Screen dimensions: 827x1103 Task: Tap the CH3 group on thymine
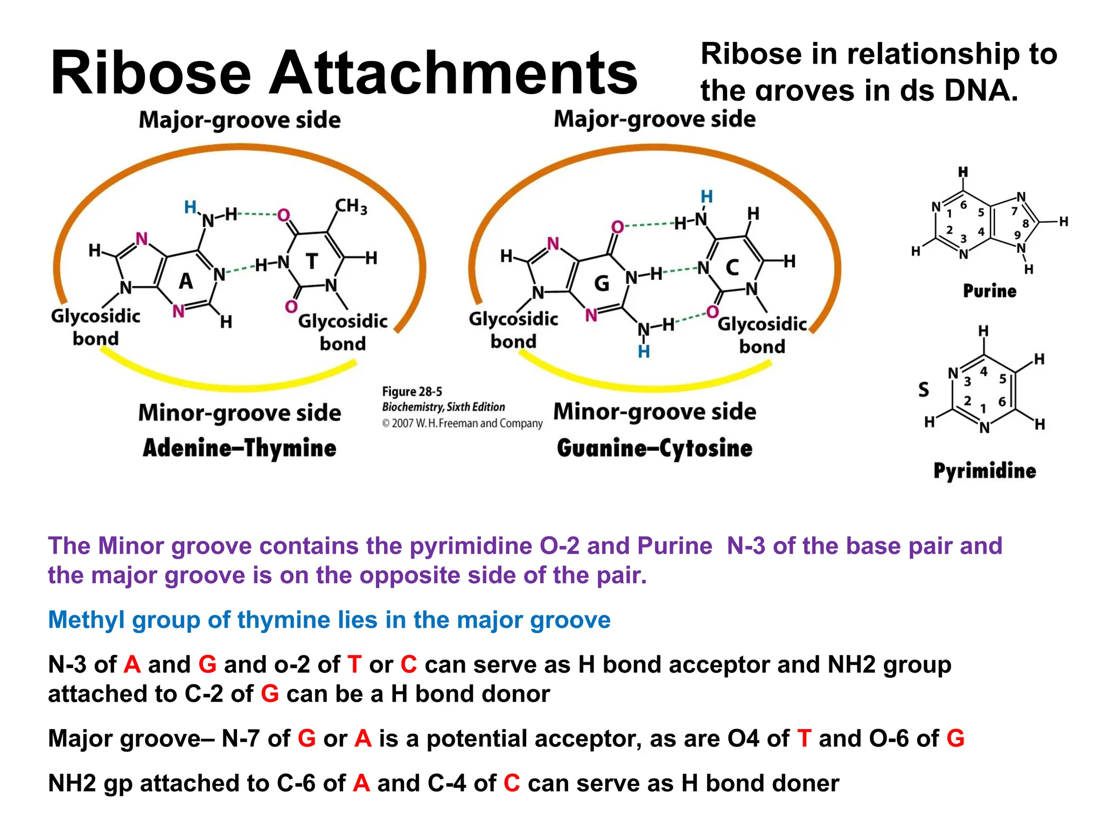[x=351, y=206]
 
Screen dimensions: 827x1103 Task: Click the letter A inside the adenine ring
[x=186, y=281]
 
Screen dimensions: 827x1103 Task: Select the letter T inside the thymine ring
[x=312, y=262]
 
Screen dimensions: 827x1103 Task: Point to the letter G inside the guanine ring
[x=602, y=283]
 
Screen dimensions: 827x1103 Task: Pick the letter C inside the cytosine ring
[x=732, y=268]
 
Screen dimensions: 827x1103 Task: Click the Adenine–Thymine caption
[x=239, y=448]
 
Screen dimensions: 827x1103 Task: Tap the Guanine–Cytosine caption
[x=654, y=448]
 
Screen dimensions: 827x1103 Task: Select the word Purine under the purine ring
[x=989, y=291]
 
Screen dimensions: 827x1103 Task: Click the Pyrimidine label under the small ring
[x=985, y=471]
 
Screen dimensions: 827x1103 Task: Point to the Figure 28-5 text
[x=412, y=391]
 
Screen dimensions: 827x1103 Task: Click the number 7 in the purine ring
[x=1014, y=211]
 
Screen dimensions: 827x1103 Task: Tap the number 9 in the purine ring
[x=1017, y=235]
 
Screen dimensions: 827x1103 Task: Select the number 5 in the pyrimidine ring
[x=1002, y=379]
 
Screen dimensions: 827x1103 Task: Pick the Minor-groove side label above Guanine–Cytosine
[x=654, y=412]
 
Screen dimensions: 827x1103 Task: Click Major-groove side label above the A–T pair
[x=240, y=120]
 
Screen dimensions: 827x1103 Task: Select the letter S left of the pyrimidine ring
[x=924, y=389]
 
